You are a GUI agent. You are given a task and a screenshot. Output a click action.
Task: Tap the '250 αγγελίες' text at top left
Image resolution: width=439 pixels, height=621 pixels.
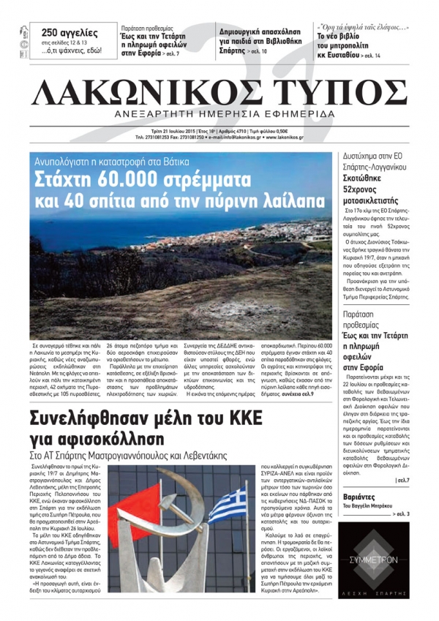[69, 32]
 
